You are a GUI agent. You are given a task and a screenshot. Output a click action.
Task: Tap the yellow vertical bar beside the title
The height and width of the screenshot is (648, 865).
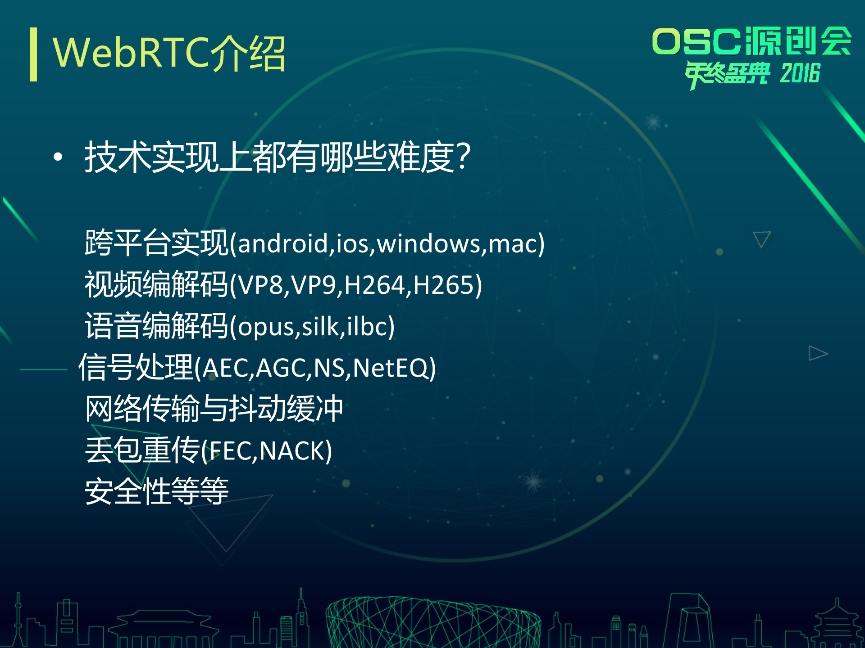[x=33, y=54]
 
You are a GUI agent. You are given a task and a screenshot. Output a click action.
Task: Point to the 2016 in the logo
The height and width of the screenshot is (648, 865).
[x=800, y=74]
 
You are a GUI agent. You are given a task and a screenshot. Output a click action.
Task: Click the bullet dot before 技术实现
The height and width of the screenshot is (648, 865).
[x=58, y=157]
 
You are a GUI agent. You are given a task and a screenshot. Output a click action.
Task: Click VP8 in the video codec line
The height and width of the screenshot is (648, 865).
[x=261, y=285]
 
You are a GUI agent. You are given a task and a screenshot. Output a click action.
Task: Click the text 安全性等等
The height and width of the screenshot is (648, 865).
[x=156, y=491]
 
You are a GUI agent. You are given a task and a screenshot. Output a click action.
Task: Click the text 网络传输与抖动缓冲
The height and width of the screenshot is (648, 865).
[x=214, y=409]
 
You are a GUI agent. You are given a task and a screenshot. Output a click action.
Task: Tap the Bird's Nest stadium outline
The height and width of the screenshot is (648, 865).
[x=432, y=623]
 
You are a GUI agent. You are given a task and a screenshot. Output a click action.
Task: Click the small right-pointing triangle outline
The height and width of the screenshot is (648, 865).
[x=817, y=353]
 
